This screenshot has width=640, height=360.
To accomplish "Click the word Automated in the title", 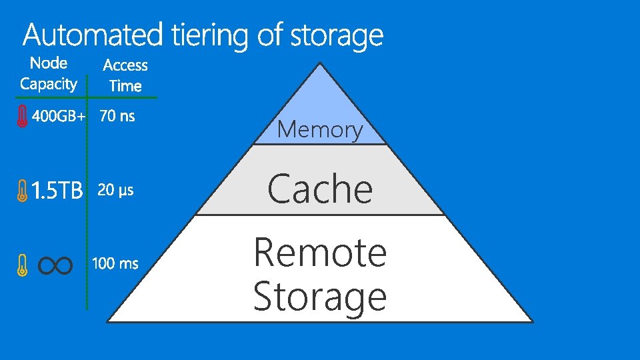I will click(93, 35).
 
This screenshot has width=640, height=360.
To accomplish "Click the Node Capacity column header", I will click(49, 73).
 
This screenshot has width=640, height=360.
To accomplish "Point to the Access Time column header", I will click(125, 75).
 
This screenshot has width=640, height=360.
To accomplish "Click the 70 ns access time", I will click(117, 116).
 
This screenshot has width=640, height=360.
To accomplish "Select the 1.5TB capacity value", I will click(57, 192).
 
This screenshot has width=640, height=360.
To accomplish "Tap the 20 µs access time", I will click(116, 191).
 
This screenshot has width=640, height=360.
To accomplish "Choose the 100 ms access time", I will click(115, 264).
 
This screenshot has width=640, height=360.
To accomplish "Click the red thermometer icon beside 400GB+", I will click(22, 116).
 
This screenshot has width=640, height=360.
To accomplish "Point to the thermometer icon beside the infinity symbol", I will click(22, 266).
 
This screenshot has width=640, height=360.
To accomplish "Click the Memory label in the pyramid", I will click(320, 129).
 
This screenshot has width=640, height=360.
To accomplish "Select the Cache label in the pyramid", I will click(320, 189).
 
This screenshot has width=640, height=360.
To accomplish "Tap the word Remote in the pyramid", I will click(320, 253).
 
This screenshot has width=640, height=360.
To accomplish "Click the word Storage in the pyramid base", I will click(320, 297).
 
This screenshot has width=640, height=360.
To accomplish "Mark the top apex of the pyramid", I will click(321, 64).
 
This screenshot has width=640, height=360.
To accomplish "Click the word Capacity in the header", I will click(49, 84).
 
